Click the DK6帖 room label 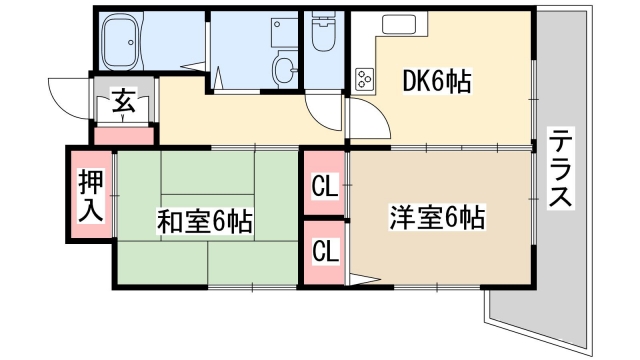click(436, 81)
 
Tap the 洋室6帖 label click(436, 216)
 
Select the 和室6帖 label click(203, 220)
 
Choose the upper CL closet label click(323, 186)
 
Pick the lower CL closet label click(323, 249)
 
